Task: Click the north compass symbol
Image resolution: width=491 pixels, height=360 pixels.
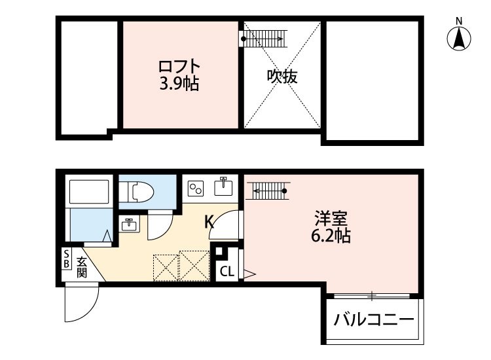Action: click(x=460, y=37)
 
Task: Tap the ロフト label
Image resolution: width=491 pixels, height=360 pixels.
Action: click(x=179, y=66)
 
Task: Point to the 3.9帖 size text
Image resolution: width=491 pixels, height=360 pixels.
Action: click(x=179, y=83)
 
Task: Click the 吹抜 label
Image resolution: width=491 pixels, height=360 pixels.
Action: click(x=282, y=77)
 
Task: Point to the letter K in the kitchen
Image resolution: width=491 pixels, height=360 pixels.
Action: click(x=209, y=222)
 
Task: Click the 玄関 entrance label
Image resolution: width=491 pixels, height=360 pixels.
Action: click(x=82, y=266)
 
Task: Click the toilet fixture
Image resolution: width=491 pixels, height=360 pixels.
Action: click(x=142, y=192)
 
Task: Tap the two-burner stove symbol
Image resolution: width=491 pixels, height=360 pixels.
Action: click(x=196, y=189)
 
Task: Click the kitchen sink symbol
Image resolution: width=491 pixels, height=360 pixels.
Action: click(x=224, y=186)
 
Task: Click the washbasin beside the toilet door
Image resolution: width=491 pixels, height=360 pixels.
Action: click(x=128, y=224)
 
